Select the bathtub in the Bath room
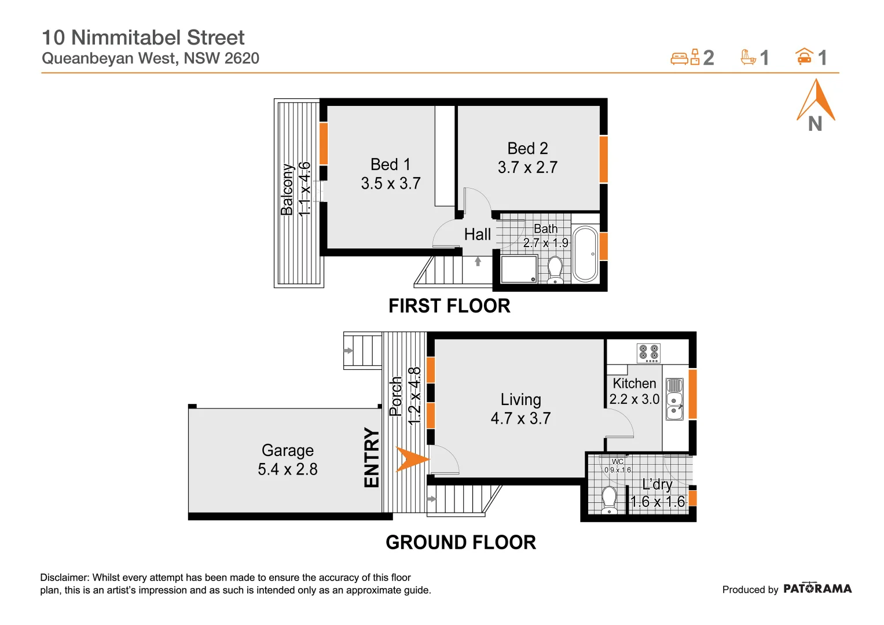585,254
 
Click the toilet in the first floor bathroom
555,270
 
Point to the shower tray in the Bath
519,270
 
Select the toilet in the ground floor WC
609,499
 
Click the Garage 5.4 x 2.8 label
288,460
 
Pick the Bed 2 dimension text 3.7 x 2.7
527,168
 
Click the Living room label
520,400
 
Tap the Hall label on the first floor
477,234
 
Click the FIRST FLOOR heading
449,306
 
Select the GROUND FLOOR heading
461,543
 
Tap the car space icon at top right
804,57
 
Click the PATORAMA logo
817,589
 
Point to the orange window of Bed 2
603,159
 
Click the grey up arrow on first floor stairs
478,262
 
